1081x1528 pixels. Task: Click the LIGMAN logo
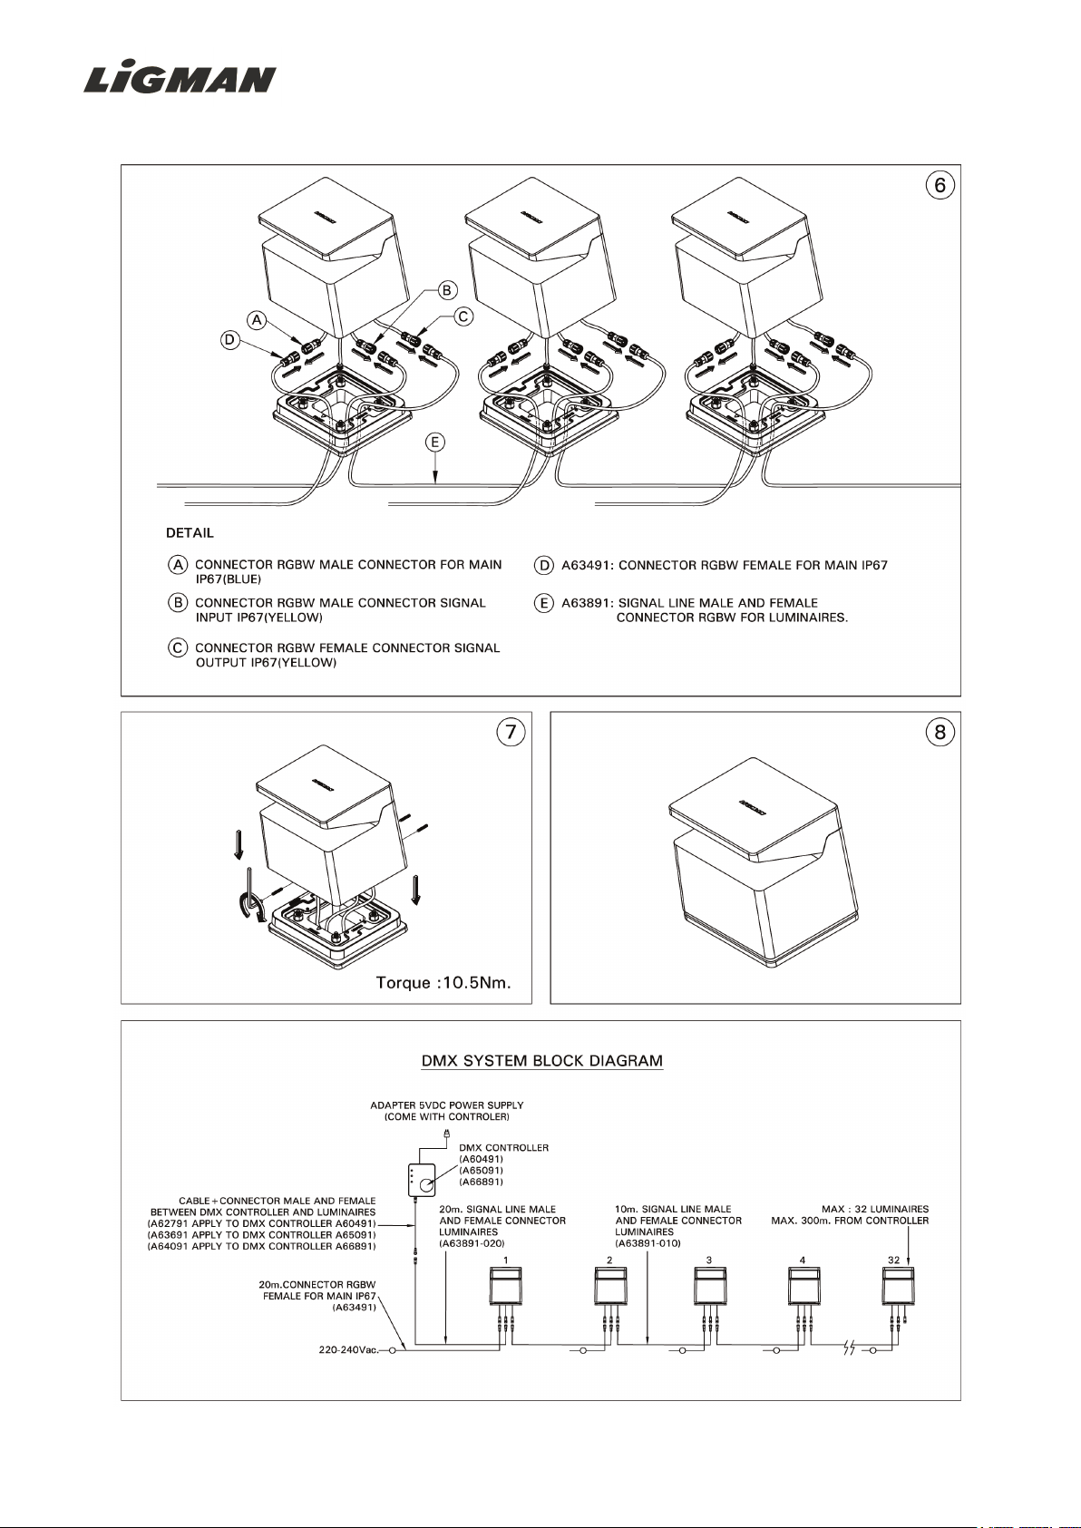pyautogui.click(x=180, y=79)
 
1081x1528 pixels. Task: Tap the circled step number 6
pyautogui.click(x=940, y=186)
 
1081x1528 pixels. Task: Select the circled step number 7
pyautogui.click(x=511, y=733)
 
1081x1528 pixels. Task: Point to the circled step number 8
pyautogui.click(x=940, y=733)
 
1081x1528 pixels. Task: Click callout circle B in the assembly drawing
pyautogui.click(x=447, y=290)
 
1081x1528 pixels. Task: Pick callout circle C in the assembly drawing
pyautogui.click(x=463, y=316)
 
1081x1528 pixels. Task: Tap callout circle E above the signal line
pyautogui.click(x=435, y=443)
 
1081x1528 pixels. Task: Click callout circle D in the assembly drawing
pyautogui.click(x=230, y=340)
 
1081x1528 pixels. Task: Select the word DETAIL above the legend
pyautogui.click(x=190, y=532)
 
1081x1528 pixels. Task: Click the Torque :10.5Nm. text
pyautogui.click(x=443, y=983)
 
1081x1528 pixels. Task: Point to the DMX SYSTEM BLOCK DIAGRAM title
pyautogui.click(x=542, y=1061)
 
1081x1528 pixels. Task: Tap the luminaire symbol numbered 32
pyautogui.click(x=898, y=1286)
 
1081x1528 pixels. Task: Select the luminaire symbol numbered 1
pyautogui.click(x=505, y=1286)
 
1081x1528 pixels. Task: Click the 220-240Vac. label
pyautogui.click(x=348, y=1350)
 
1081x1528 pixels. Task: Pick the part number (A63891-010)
pyautogui.click(x=648, y=1243)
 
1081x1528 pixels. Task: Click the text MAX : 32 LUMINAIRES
pyautogui.click(x=875, y=1210)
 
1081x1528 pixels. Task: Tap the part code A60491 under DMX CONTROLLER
pyautogui.click(x=482, y=1159)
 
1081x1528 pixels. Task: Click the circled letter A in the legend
pyautogui.click(x=178, y=565)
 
